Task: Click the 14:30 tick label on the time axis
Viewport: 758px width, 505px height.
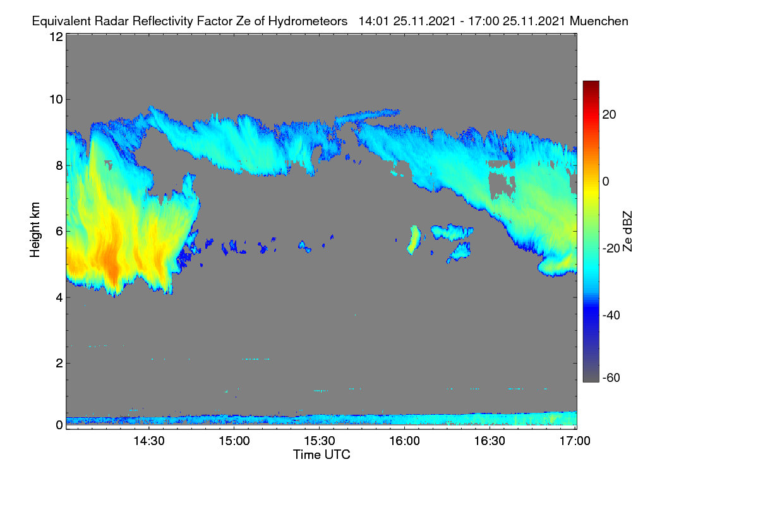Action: click(149, 441)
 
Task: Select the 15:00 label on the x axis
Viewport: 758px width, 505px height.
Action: click(234, 441)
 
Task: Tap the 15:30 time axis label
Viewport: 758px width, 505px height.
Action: click(320, 441)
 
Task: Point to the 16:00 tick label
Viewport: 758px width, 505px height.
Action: click(404, 441)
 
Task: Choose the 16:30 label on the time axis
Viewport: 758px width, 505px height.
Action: click(490, 441)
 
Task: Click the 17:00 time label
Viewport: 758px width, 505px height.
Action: click(575, 441)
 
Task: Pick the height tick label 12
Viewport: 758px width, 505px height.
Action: click(56, 37)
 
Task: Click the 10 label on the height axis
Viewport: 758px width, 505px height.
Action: click(56, 100)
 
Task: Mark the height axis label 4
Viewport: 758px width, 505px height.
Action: click(59, 298)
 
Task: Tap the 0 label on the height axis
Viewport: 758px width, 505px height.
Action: click(59, 425)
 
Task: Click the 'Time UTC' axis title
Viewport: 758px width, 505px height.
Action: click(322, 454)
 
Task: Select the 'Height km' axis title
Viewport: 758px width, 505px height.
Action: click(35, 230)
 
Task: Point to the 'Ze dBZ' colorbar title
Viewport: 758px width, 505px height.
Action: click(627, 232)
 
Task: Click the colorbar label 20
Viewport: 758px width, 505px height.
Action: click(609, 115)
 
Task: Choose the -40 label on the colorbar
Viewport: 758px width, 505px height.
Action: click(611, 315)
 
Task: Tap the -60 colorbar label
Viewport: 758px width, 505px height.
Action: click(611, 377)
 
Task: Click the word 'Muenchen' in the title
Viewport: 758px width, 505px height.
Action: click(599, 21)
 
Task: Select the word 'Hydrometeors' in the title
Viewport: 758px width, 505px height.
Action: click(308, 21)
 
